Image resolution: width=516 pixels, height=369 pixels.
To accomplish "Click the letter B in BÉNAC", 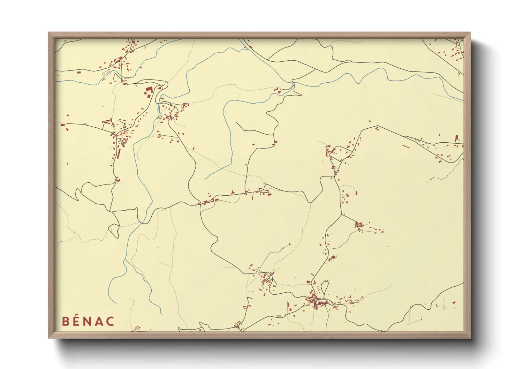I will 65,321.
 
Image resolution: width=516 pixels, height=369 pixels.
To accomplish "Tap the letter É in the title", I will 76,321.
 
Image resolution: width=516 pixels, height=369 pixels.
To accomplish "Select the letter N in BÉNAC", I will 88,321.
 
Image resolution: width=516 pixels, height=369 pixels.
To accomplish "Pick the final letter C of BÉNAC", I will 110,321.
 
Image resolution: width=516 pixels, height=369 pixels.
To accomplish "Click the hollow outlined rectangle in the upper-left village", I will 106,73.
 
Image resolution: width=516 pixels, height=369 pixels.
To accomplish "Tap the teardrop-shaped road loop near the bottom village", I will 325,288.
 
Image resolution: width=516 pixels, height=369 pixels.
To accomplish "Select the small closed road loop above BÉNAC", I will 114,230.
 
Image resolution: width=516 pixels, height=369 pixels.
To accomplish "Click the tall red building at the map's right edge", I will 457,137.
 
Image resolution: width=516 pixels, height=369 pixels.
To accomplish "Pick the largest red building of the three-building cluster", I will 149,89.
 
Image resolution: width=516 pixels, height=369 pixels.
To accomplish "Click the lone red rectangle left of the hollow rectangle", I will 79,73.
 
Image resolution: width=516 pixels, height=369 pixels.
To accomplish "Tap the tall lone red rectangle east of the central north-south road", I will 356,193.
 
